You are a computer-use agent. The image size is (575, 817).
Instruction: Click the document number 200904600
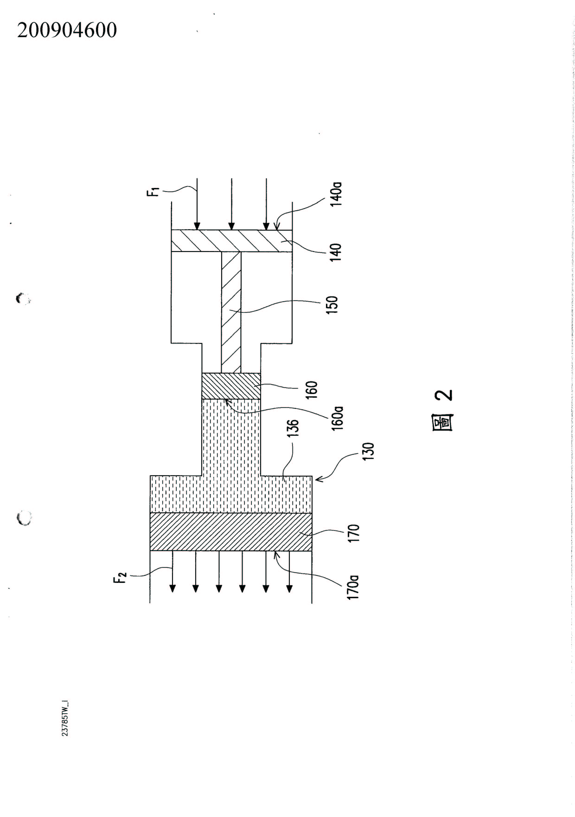click(67, 30)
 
